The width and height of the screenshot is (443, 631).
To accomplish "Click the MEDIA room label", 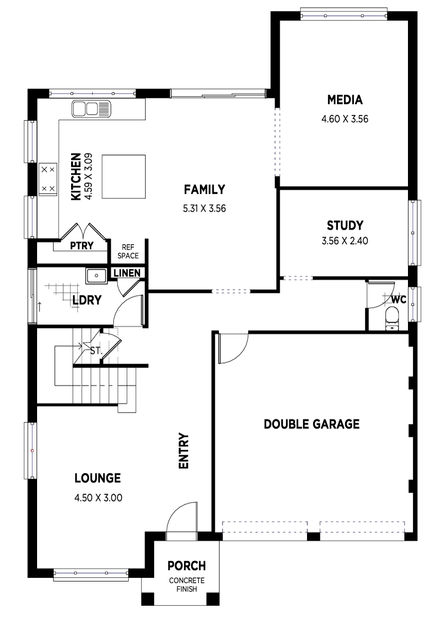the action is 345,99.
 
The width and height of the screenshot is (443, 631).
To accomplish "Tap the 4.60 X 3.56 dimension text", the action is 345,119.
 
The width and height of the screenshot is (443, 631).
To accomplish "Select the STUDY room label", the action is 345,225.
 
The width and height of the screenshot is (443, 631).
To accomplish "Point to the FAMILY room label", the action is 205,189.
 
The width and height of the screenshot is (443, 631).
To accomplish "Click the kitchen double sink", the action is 92,109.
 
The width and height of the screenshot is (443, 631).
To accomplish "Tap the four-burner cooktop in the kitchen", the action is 48,179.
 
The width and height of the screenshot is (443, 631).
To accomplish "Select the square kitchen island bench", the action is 124,177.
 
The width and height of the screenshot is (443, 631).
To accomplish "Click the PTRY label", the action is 81,245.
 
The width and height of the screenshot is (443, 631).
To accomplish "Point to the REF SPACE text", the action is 128,252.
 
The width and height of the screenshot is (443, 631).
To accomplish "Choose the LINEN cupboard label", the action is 127,273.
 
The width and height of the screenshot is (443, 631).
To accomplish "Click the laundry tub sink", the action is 96,276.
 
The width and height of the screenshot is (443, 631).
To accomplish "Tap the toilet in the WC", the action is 392,318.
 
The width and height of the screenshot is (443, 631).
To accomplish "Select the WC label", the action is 399,300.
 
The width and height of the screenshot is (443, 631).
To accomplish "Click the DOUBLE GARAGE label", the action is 312,424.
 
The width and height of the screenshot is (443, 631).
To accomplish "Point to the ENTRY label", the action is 183,451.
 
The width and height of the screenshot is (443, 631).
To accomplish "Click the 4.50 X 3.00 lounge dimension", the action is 98,498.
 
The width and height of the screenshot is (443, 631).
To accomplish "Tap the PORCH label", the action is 186,566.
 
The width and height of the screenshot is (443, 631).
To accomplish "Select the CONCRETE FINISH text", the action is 186,585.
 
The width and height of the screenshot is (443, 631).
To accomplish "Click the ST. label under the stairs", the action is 96,351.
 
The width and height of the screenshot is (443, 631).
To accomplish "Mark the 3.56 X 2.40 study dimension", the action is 345,241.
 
